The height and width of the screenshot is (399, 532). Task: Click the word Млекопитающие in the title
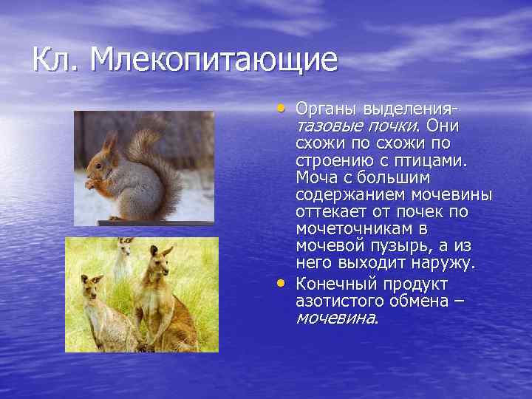click(x=214, y=61)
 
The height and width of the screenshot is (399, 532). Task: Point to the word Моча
click(x=316, y=177)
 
